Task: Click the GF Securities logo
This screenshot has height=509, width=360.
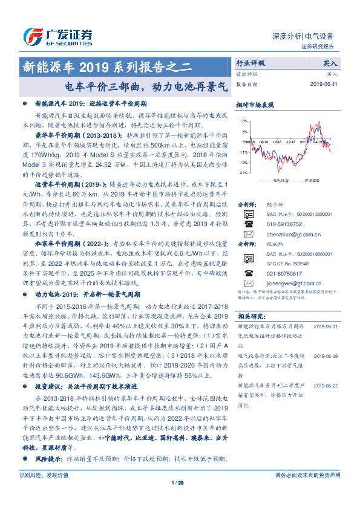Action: (x=57, y=35)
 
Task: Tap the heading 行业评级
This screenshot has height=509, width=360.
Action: (x=250, y=62)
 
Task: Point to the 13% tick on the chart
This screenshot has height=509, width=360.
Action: (x=243, y=121)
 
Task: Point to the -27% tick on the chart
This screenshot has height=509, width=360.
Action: (x=243, y=172)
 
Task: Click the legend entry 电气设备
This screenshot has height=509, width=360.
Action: (x=281, y=180)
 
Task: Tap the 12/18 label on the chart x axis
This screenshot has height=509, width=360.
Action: (x=292, y=142)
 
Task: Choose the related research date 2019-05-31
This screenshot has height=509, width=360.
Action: (x=327, y=325)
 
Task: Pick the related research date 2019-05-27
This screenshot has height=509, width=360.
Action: (x=327, y=384)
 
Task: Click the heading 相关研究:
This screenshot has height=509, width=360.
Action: (x=251, y=316)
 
